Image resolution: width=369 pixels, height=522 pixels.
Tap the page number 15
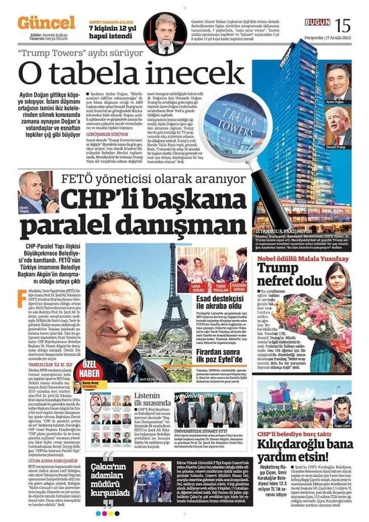click(342, 26)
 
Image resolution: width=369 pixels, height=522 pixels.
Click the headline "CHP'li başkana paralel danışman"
click(134, 212)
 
